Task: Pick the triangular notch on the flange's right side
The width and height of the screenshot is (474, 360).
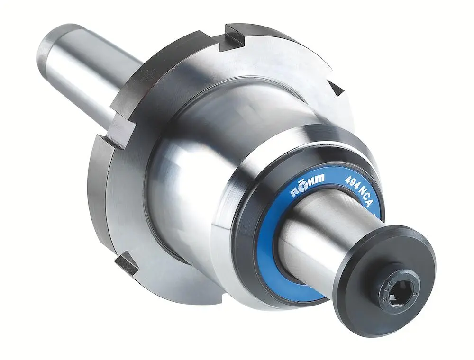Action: pos(337,88)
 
